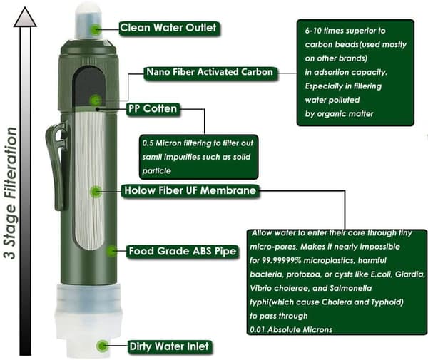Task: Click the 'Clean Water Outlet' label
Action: pos(168,28)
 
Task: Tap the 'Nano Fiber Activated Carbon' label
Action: pos(210,72)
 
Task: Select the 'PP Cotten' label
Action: pos(153,109)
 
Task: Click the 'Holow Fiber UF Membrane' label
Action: pos(190,190)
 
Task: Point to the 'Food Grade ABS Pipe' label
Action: pos(183,251)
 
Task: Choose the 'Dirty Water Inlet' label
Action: pos(169,346)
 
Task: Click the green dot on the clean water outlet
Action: pos(96,29)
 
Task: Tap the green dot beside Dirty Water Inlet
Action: pos(102,346)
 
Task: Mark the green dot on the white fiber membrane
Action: pos(96,192)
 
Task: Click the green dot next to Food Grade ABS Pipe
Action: pos(111,251)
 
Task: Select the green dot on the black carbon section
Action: pos(96,101)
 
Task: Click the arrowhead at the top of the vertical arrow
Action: pos(25,17)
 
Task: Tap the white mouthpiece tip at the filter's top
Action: pos(88,21)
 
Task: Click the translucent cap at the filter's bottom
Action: pos(88,319)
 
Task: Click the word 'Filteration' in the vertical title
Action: pos(11,163)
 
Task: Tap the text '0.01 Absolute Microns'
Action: pos(291,330)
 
